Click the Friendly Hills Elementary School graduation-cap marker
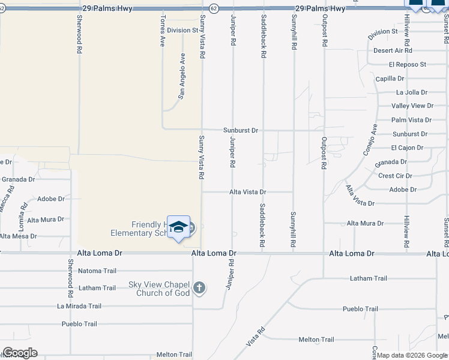coord(178,227)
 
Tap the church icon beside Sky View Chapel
coord(200,289)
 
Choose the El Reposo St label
coord(407,64)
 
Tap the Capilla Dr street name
coord(390,79)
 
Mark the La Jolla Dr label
coord(412,92)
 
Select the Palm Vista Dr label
coord(411,120)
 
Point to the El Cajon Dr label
coord(407,148)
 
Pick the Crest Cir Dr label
coord(395,176)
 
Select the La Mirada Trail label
coord(79,306)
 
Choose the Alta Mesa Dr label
coord(19,236)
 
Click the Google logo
coord(20,353)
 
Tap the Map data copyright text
coord(412,355)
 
